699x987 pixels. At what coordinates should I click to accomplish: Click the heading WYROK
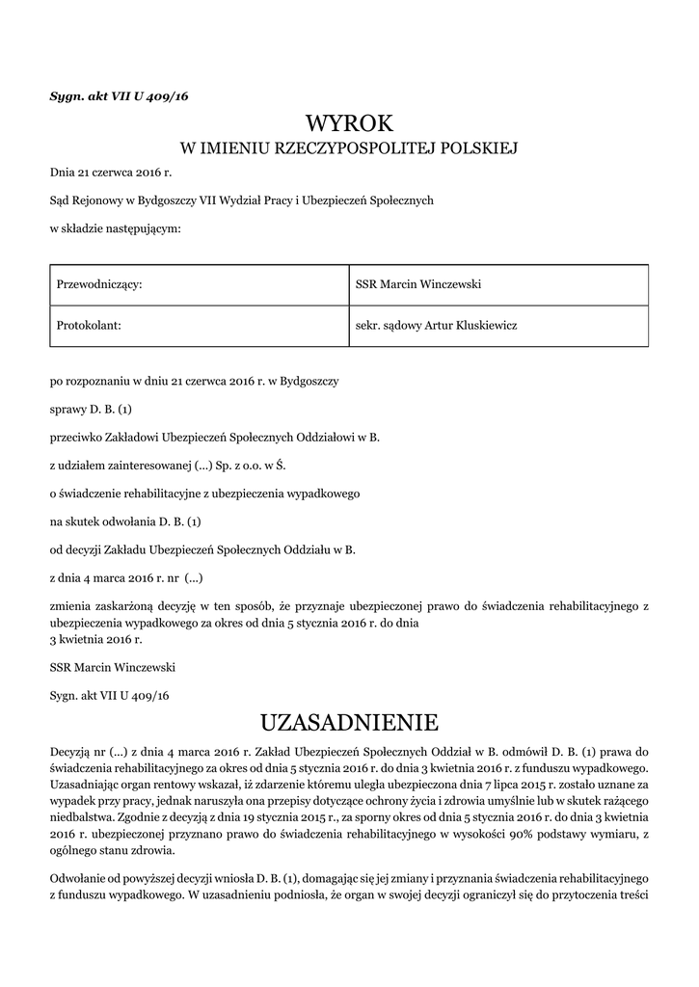[x=350, y=123]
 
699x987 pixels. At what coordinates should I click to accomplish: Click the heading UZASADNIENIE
[x=350, y=722]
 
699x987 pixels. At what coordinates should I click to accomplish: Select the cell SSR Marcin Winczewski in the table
[x=418, y=284]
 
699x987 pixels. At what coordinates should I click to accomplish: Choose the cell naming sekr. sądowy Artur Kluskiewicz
[x=437, y=326]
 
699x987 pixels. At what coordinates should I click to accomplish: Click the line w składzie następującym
[x=115, y=228]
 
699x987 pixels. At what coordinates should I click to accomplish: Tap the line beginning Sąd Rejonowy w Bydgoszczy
[x=242, y=200]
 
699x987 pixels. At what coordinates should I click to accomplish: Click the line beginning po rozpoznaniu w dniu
[x=194, y=382]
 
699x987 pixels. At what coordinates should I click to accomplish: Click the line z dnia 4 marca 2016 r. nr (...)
[x=126, y=578]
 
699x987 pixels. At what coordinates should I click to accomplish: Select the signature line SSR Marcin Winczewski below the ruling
[x=113, y=666]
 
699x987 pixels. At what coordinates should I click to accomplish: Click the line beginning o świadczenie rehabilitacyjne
[x=204, y=493]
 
